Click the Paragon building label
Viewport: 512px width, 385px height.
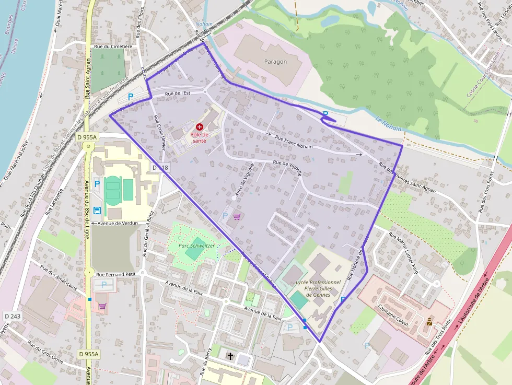click(x=275, y=62)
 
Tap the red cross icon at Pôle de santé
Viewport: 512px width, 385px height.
click(x=199, y=126)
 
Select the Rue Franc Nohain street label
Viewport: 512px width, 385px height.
click(x=294, y=143)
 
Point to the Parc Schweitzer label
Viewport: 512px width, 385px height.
click(x=196, y=245)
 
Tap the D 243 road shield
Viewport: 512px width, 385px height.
click(x=12, y=316)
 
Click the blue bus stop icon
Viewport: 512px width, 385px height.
click(x=97, y=211)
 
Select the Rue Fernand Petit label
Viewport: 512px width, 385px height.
click(x=116, y=274)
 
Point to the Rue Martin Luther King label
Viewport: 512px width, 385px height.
click(x=404, y=253)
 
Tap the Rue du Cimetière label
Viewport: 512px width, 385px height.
click(x=113, y=46)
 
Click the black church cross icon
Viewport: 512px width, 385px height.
click(x=230, y=356)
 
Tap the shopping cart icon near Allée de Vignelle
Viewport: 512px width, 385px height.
click(x=237, y=217)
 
